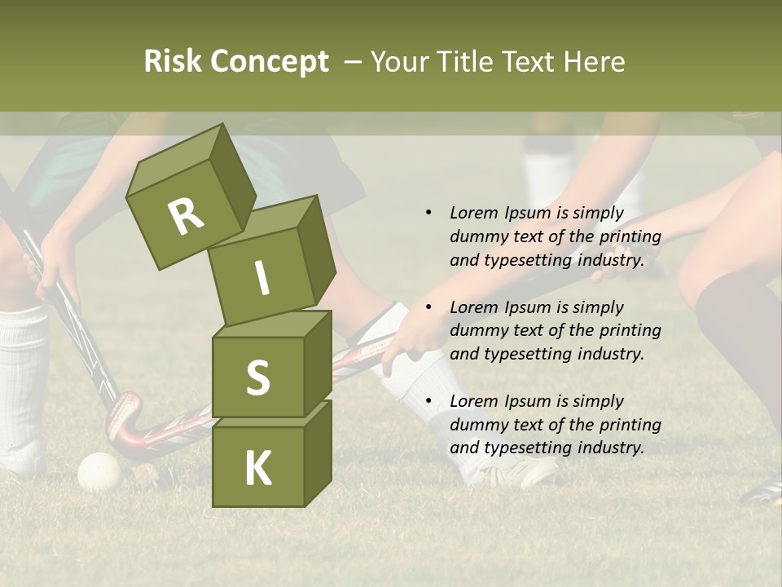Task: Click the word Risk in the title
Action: coord(174,62)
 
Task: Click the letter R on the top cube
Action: coord(186,216)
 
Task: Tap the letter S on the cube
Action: coord(257,377)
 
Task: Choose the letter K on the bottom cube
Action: coord(257,469)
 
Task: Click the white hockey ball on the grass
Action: coord(99,471)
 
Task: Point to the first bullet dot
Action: coord(428,213)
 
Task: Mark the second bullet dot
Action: coord(428,307)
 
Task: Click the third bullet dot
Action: coord(428,401)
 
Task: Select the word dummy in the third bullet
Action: coord(477,425)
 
